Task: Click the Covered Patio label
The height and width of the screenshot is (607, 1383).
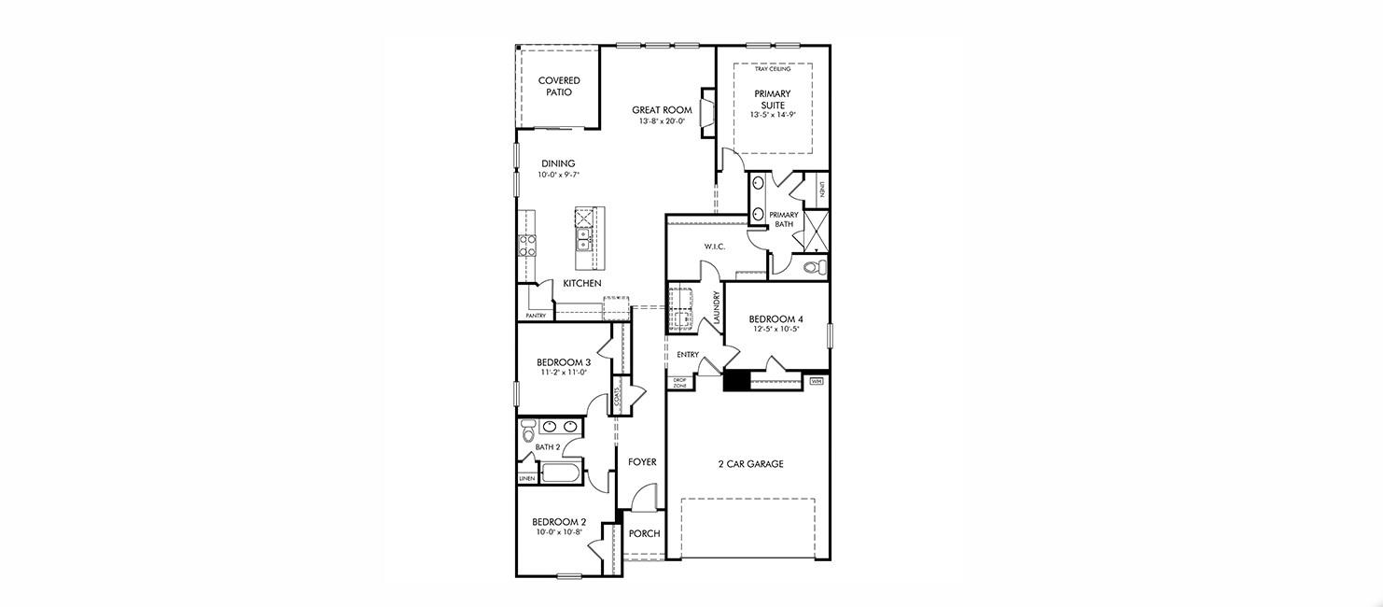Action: click(558, 87)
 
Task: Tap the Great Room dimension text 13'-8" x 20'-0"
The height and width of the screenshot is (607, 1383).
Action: click(662, 121)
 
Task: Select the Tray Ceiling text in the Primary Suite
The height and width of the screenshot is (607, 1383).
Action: click(772, 69)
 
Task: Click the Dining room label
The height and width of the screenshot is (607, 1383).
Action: click(558, 163)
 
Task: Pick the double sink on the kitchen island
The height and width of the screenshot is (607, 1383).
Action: click(583, 239)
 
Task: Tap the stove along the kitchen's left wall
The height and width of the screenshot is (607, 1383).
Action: click(527, 246)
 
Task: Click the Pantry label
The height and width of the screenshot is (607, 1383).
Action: click(536, 316)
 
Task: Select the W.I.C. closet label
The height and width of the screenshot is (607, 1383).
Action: click(715, 247)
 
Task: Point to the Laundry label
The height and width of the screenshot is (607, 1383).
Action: click(717, 307)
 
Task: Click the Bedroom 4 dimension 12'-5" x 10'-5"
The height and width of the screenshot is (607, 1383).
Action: click(775, 329)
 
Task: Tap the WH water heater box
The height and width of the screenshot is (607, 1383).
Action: click(817, 381)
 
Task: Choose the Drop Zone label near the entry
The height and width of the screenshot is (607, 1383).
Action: click(679, 383)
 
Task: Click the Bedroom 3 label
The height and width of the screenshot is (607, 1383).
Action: click(563, 362)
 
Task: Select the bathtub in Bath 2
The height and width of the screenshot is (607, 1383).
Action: click(562, 472)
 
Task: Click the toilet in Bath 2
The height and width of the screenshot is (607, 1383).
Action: click(528, 431)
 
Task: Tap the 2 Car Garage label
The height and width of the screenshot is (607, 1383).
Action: click(750, 464)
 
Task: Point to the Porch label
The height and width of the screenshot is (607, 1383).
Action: click(644, 534)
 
